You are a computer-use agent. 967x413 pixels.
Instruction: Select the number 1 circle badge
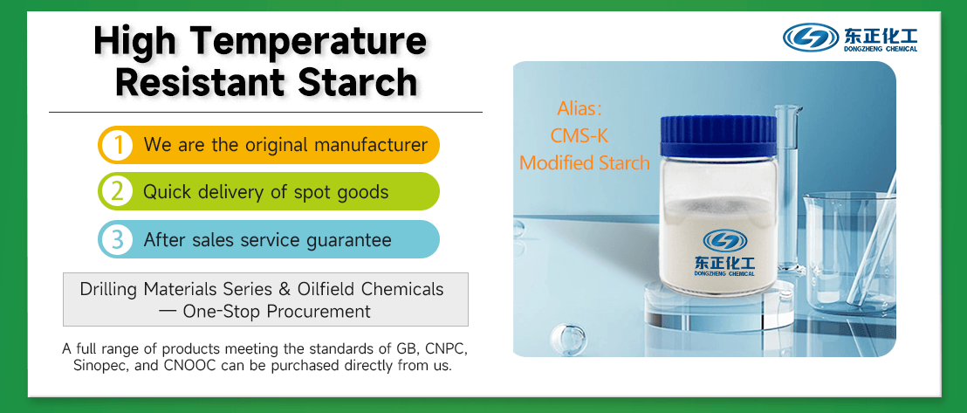point(116,145)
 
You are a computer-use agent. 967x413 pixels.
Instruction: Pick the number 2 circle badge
point(116,191)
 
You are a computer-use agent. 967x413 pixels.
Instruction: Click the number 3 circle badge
point(116,239)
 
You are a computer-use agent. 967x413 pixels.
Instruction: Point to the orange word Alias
point(580,109)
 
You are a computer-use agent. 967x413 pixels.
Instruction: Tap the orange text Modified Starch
point(584,163)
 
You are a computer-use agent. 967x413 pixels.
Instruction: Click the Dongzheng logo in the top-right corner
point(850,38)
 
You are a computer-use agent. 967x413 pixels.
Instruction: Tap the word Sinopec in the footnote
point(99,366)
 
